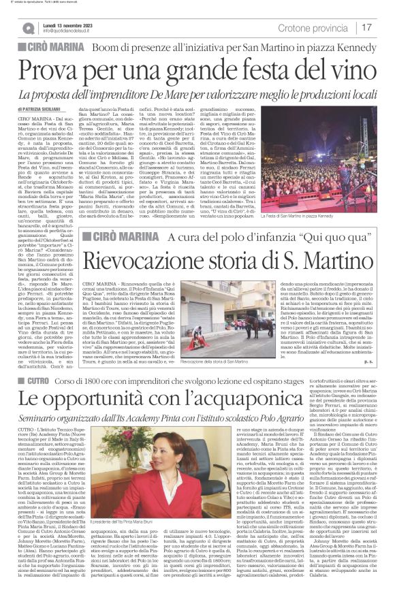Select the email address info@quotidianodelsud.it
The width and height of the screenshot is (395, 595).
71,31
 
